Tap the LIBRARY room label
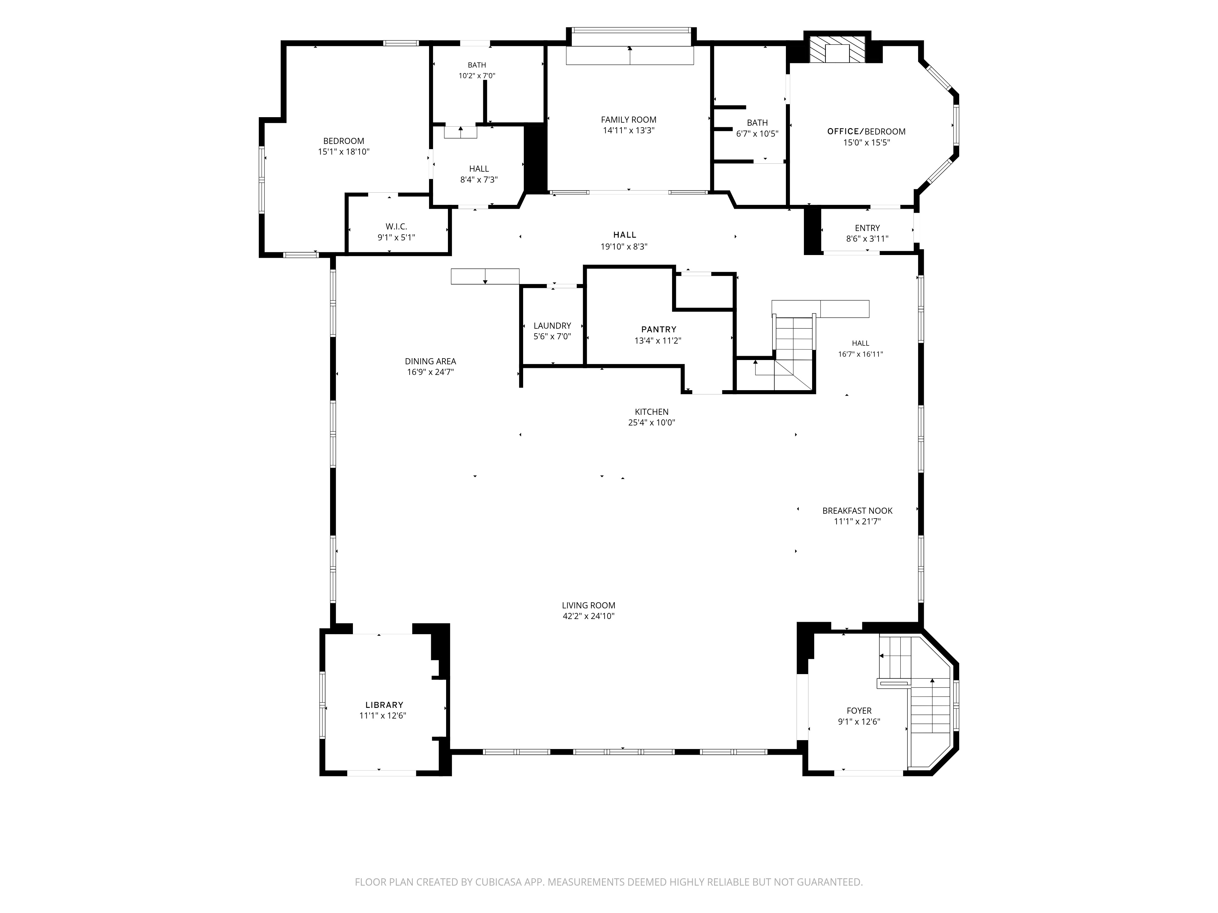click(x=384, y=705)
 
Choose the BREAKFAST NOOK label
click(x=857, y=511)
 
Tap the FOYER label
click(x=859, y=711)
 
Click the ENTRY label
click(x=867, y=228)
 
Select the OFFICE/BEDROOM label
click(x=866, y=131)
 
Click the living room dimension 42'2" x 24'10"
click(x=589, y=616)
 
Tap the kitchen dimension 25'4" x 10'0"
click(x=651, y=423)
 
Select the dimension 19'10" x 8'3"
click(x=624, y=247)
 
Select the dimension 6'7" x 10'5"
click(x=757, y=134)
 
